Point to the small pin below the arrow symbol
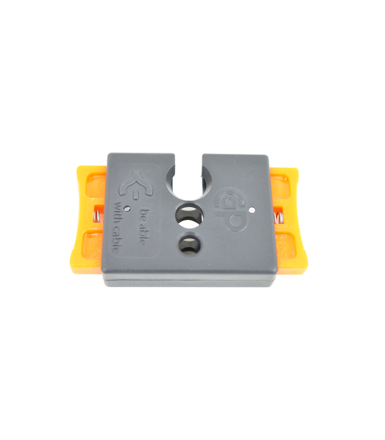click(128, 208)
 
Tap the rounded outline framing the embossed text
click(160, 242)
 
